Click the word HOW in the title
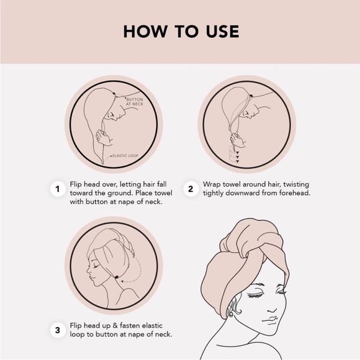click(x=145, y=32)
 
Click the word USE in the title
click(x=222, y=32)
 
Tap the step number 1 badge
click(x=58, y=189)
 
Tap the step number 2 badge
click(x=191, y=189)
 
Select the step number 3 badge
click(x=58, y=330)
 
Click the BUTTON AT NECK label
click(x=135, y=102)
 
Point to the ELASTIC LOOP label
click(x=125, y=156)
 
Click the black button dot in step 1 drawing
click(x=114, y=94)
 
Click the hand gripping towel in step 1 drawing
click(x=104, y=137)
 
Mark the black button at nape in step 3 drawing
click(x=117, y=277)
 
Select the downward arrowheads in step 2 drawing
click(x=237, y=157)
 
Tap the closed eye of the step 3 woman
click(x=96, y=266)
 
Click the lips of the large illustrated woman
click(x=271, y=320)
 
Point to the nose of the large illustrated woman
click(x=272, y=309)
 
